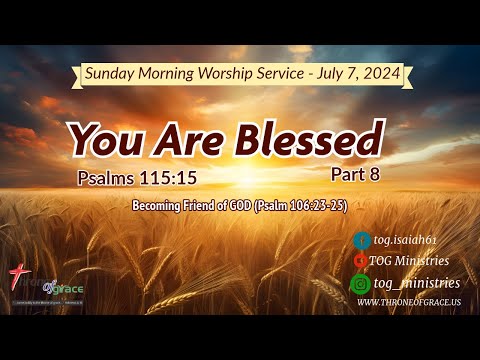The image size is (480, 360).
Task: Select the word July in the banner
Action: click(x=327, y=73)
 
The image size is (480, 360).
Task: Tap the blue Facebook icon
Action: click(x=362, y=240)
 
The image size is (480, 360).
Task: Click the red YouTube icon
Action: click(x=362, y=262)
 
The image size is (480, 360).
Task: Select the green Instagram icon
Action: click(x=362, y=284)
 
